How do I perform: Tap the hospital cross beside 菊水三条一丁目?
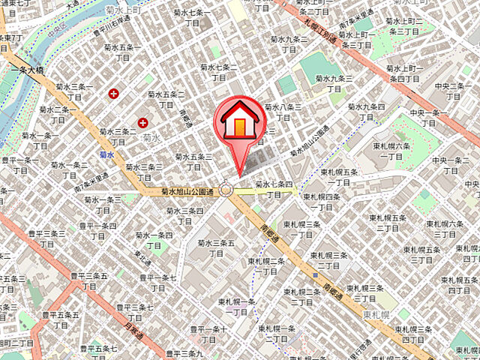[x=113, y=94]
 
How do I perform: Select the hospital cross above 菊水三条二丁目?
[x=142, y=121]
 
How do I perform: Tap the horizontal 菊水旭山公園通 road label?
[x=188, y=192]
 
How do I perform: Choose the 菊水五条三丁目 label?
[x=193, y=161]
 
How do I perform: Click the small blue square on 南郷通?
[x=316, y=276]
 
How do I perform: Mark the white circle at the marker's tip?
[x=226, y=190]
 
